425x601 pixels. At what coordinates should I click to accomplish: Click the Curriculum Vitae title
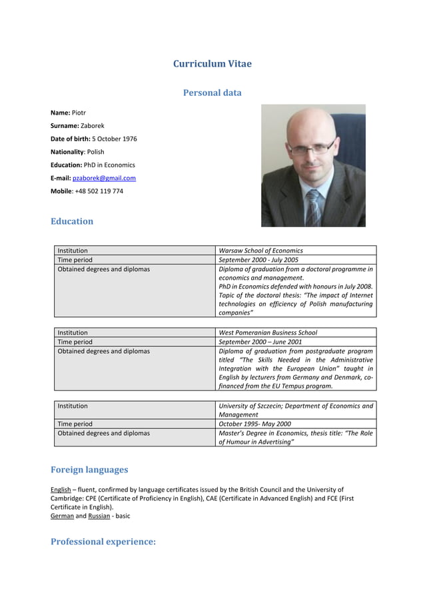tap(212, 64)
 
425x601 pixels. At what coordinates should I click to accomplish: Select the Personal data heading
tap(212, 93)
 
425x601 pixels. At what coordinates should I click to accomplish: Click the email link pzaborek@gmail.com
tap(104, 178)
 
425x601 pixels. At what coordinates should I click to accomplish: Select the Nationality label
tap(67, 152)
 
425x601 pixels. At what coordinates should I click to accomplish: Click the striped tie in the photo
tap(313, 207)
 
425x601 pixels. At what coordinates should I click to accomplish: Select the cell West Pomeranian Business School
tap(268, 332)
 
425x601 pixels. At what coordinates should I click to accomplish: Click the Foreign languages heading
tap(89, 470)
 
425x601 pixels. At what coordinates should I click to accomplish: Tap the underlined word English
tap(61, 490)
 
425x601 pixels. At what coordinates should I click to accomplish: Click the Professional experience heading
tap(103, 542)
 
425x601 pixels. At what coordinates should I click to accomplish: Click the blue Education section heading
tap(72, 221)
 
